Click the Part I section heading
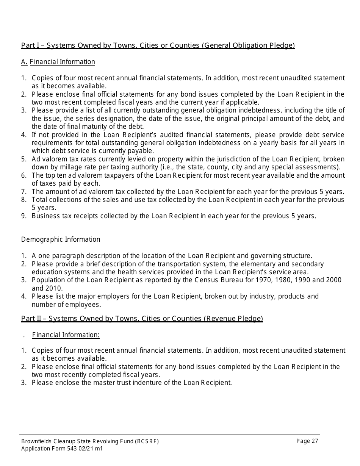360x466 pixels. (x=158, y=45)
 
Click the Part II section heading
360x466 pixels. (x=142, y=318)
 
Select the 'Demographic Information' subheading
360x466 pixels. (x=61, y=239)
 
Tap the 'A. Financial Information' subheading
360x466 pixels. (x=58, y=62)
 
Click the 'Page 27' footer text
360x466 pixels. (x=307, y=441)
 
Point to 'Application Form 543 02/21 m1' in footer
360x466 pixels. (x=62, y=449)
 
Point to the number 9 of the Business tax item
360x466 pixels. (x=23, y=216)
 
